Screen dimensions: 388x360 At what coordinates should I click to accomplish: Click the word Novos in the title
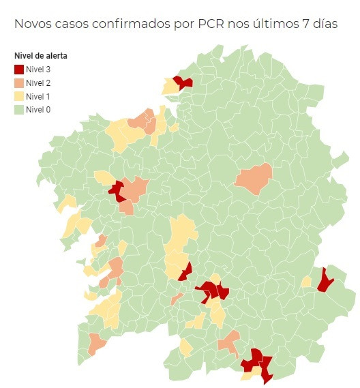coord(34,24)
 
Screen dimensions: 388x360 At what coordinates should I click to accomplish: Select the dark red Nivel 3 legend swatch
coord(18,69)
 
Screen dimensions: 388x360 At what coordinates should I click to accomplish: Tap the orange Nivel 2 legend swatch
coord(18,83)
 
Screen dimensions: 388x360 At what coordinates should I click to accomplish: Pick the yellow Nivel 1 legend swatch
coord(18,96)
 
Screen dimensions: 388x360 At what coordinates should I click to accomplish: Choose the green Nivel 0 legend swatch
coord(18,109)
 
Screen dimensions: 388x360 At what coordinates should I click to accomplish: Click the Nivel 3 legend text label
coord(38,69)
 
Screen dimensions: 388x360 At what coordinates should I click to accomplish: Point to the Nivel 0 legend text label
coord(38,109)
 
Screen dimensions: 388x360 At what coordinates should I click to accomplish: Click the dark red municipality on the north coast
coord(182,83)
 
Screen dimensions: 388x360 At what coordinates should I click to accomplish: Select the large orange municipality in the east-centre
coord(254,179)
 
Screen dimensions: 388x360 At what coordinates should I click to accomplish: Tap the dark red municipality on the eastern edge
coord(325,280)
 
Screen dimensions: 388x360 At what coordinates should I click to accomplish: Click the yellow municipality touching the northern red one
coord(168,87)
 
